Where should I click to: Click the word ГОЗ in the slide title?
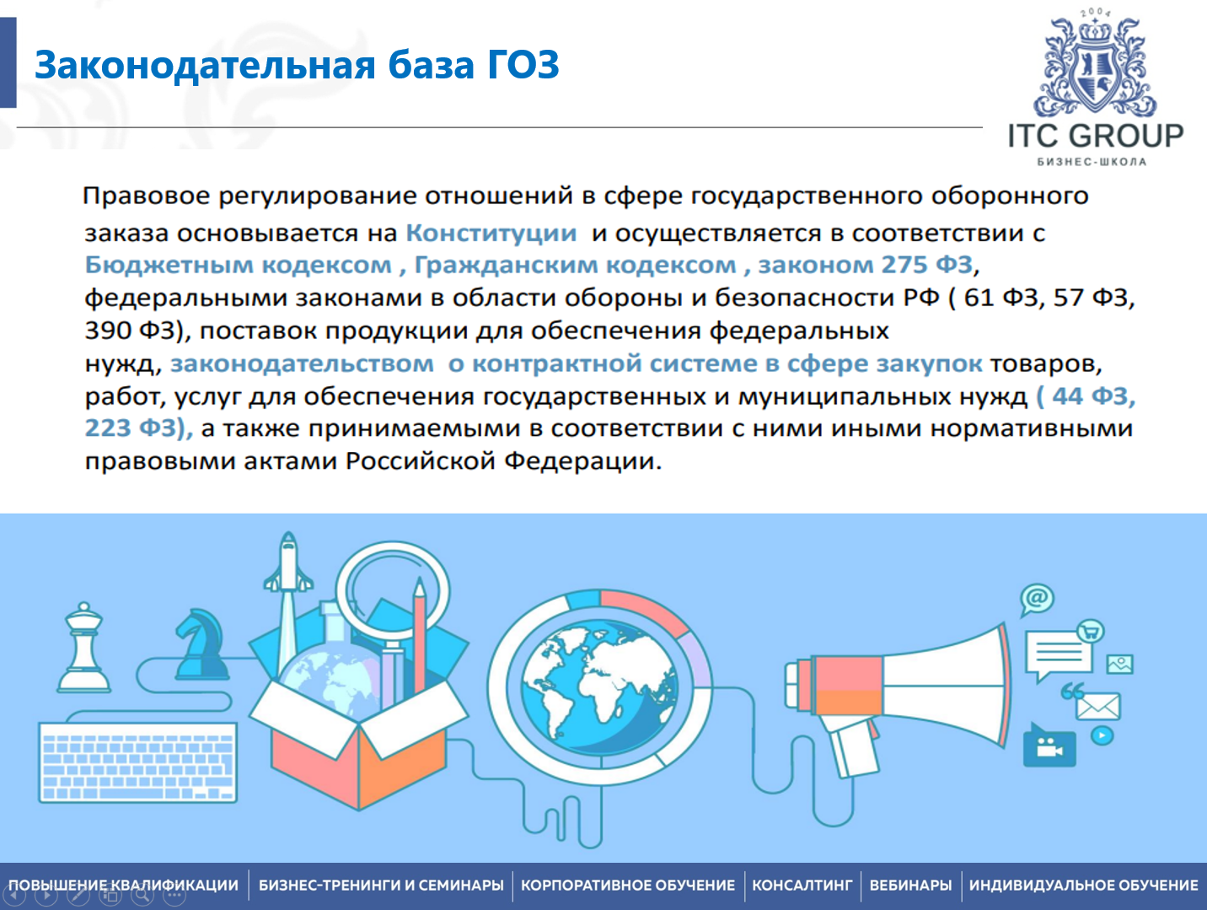[x=523, y=65]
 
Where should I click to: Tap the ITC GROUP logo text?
[x=1096, y=136]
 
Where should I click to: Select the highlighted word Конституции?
[x=491, y=234]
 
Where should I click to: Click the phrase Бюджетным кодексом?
[x=238, y=265]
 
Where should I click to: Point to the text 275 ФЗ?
[x=926, y=265]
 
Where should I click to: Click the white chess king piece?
[x=84, y=647]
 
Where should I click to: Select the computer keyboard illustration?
[x=138, y=762]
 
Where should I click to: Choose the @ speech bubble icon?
[x=1037, y=599]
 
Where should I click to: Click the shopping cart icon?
[x=1091, y=631]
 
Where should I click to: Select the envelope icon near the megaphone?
[x=1097, y=707]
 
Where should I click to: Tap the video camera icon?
[x=1049, y=746]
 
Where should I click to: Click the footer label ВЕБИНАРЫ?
[x=910, y=886]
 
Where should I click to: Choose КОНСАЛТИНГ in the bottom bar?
[x=802, y=886]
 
